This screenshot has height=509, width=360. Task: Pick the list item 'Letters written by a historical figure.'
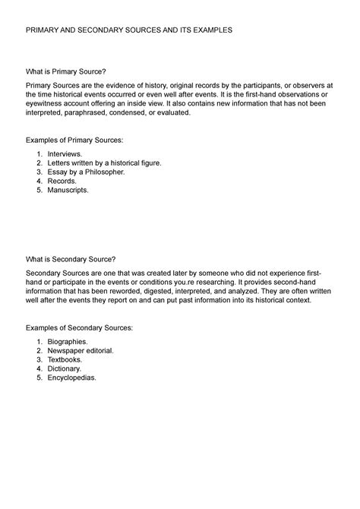(x=105, y=163)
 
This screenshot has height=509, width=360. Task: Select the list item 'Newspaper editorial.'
(x=81, y=351)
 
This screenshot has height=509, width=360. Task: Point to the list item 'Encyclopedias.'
(x=72, y=378)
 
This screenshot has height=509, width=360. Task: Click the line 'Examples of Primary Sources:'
(x=74, y=140)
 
